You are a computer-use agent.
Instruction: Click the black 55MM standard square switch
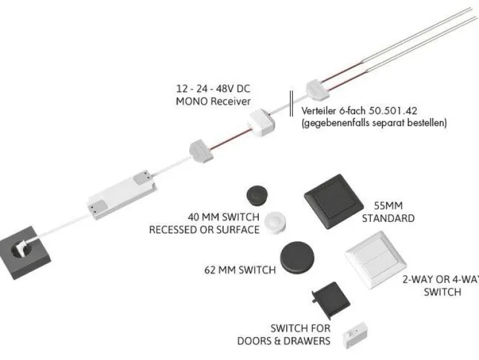(x=334, y=201)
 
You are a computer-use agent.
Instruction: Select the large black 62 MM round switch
(x=297, y=257)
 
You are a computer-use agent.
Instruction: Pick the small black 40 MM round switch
(x=257, y=195)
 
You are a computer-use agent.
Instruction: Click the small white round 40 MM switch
(x=276, y=223)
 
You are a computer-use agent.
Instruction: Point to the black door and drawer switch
(x=331, y=297)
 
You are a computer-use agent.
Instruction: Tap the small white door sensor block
(x=355, y=334)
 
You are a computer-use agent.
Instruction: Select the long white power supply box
(x=122, y=194)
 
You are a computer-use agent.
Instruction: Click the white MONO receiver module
(x=262, y=123)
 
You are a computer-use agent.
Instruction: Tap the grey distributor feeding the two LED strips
(x=317, y=90)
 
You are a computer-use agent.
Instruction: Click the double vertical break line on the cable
(x=291, y=103)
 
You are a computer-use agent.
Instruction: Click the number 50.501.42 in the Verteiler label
(x=393, y=111)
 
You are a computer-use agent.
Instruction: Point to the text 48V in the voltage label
(x=226, y=89)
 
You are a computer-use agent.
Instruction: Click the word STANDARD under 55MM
(x=388, y=218)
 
